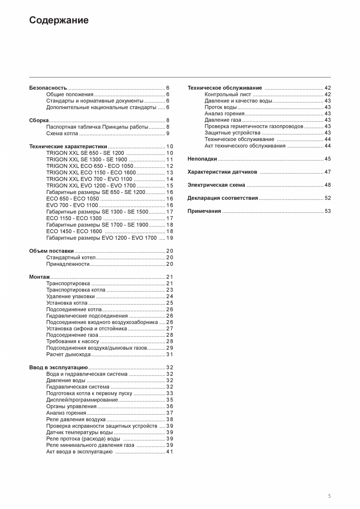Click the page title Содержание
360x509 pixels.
coord(59,20)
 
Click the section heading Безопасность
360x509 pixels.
coord(48,88)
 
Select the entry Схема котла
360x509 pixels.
coord(62,133)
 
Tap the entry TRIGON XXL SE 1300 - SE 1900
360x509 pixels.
coord(86,160)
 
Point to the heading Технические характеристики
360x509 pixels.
coord(68,147)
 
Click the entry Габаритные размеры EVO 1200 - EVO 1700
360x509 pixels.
coord(101,238)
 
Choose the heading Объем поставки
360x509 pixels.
coord(51,251)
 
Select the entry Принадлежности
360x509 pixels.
coord(68,264)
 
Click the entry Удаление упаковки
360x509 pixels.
coord(70,297)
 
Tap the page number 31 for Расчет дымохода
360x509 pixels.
coord(169,354)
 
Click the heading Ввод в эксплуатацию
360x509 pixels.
coord(58,367)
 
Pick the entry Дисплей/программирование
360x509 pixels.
coord(82,400)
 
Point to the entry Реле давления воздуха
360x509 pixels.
coord(76,419)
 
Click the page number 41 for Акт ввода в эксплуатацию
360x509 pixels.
coord(169,451)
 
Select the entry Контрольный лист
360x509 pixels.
coord(228,94)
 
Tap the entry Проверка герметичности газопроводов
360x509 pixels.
coord(254,126)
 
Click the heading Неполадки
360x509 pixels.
coord(202,159)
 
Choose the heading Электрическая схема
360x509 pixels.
coord(216,185)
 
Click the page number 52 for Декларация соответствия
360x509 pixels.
coord(328,198)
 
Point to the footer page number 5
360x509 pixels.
coord(329,496)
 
